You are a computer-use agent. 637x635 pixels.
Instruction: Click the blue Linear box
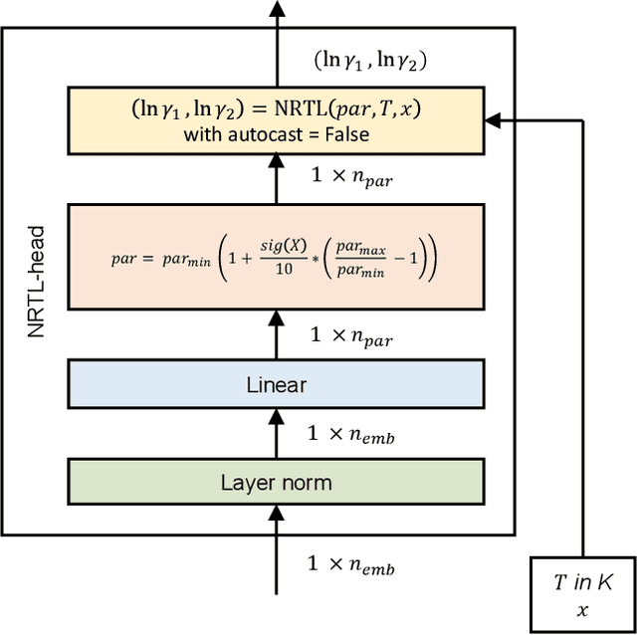(276, 385)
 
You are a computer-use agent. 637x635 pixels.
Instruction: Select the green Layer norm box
(276, 483)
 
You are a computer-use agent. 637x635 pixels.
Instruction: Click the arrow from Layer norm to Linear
(276, 434)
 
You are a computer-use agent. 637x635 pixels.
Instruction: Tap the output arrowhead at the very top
(276, 8)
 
